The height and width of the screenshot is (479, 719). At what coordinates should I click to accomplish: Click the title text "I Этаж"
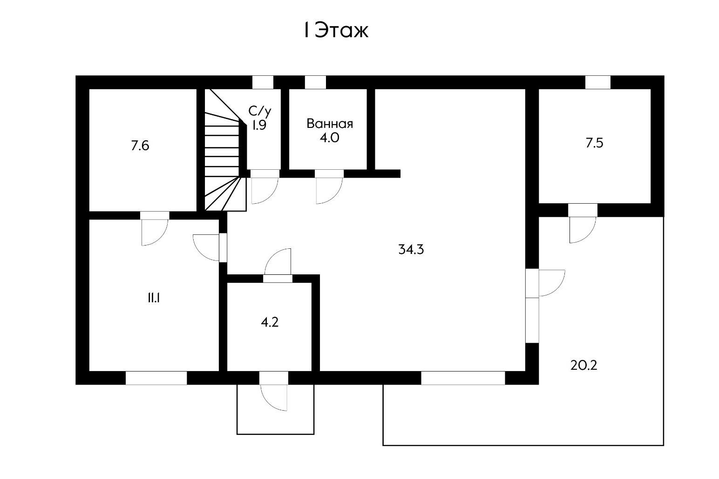(x=336, y=31)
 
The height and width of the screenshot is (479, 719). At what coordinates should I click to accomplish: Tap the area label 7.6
(x=140, y=146)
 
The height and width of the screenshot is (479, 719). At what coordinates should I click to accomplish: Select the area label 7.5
(x=594, y=143)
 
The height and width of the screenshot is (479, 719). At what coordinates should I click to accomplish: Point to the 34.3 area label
(x=411, y=250)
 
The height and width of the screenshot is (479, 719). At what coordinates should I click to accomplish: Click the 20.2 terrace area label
(x=583, y=366)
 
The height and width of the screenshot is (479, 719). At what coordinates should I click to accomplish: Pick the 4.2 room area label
(x=270, y=322)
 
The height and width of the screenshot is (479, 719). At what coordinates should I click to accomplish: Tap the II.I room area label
(x=154, y=299)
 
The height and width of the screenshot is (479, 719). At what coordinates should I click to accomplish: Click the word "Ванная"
(x=330, y=124)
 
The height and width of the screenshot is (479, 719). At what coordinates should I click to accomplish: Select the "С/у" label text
(x=259, y=111)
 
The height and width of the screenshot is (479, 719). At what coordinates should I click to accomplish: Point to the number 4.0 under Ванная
(x=329, y=138)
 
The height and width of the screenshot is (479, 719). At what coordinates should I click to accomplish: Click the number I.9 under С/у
(x=259, y=125)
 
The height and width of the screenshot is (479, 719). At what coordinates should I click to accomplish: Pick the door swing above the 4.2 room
(x=278, y=263)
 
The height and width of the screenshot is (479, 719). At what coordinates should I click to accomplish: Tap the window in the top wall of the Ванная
(x=315, y=82)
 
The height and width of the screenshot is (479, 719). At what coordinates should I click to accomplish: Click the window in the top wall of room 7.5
(x=597, y=82)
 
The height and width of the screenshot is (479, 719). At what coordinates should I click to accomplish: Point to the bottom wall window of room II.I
(x=156, y=378)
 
